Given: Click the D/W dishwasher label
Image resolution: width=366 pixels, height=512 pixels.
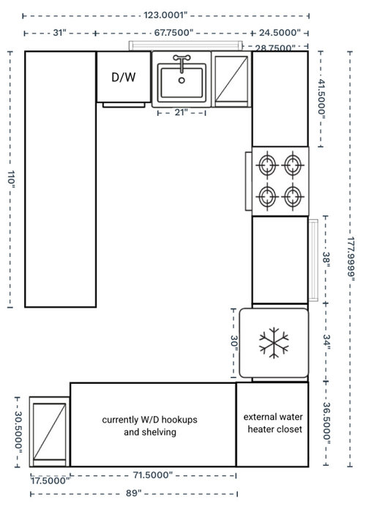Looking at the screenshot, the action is [124, 77].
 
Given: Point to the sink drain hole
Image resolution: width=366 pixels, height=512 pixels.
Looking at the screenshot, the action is [182, 80].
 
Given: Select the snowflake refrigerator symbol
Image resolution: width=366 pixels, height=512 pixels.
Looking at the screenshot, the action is [274, 343].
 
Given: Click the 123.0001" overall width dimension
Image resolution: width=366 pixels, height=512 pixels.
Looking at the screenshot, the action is [165, 15].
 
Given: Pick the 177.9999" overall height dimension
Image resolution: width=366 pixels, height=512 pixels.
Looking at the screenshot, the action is [351, 259].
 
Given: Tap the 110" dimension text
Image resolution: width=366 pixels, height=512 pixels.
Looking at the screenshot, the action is [11, 179].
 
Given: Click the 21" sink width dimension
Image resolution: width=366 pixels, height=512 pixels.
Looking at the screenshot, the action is [181, 112].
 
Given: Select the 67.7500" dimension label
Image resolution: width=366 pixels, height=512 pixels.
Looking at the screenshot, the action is [174, 33].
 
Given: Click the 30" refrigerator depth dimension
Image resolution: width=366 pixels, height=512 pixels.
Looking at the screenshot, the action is [234, 343].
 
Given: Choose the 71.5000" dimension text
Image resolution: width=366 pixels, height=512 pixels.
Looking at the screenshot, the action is [152, 475].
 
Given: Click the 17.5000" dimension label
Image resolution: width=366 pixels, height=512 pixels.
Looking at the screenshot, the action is [51, 481].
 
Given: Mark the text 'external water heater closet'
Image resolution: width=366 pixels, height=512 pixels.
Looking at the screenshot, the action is [274, 423].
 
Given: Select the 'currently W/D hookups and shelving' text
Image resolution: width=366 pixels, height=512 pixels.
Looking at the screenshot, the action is [150, 426].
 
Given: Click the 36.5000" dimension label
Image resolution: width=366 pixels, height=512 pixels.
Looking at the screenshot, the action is [327, 423].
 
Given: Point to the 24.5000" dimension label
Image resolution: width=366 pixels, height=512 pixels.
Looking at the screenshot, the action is [280, 33].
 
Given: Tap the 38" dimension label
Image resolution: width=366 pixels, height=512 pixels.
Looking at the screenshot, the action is [326, 259].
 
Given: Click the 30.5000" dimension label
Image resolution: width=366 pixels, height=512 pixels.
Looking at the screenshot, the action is [18, 433].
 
